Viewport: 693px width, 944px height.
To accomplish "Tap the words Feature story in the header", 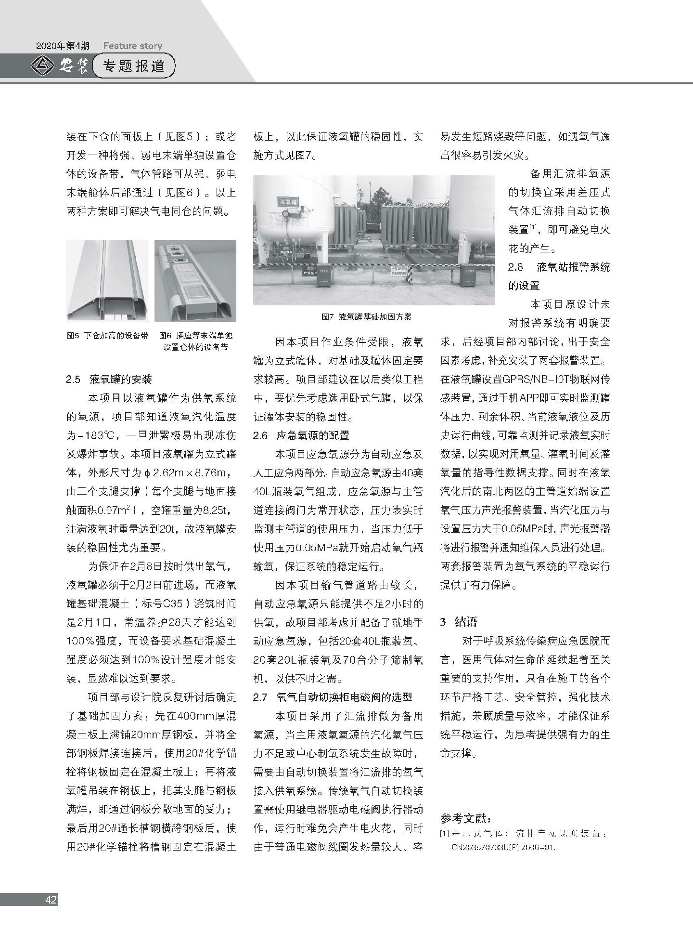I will coord(132,46).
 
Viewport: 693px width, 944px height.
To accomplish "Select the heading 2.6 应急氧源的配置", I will coord(301,435).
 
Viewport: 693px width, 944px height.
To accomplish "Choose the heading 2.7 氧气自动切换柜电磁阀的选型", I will coord(333,697).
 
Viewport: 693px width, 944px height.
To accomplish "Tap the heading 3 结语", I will coord(459,622).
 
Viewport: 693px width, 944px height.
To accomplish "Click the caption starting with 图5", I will coord(107,336).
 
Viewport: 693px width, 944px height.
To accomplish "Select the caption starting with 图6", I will coord(195,341).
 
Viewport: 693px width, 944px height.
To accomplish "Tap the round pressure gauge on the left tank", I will coord(287,213).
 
